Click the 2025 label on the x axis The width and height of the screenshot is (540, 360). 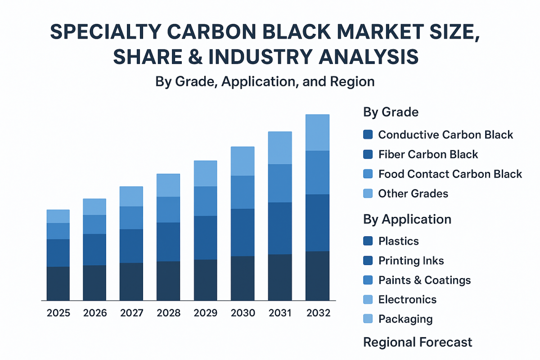pos(58,313)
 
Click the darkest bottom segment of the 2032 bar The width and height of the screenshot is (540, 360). pos(317,276)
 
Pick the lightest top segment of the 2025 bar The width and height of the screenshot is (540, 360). pos(58,216)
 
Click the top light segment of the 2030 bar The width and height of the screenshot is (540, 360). pos(243,161)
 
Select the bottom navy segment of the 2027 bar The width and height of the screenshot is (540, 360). pos(131,282)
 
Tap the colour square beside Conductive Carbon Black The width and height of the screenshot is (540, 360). pos(368,135)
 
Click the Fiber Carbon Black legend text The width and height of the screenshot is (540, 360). pos(428,154)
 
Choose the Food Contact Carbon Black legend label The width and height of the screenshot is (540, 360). pos(450,174)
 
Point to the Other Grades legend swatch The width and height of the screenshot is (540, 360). pos(368,194)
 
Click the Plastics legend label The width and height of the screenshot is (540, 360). pos(399,241)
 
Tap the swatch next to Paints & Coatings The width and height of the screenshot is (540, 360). pos(368,280)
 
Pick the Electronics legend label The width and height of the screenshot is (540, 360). pos(407,300)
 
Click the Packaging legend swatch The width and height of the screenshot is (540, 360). pos(368,319)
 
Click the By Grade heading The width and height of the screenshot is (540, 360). pos(391,112)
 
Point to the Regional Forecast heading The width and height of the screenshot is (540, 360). pos(418,342)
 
